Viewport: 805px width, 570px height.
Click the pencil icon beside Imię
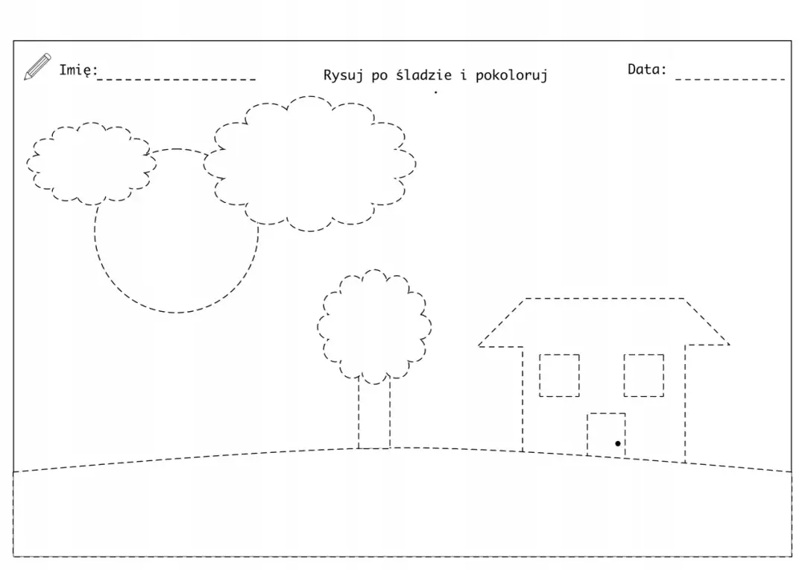click(x=37, y=66)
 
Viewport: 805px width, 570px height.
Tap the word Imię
click(x=78, y=70)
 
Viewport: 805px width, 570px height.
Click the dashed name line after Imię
click(x=177, y=79)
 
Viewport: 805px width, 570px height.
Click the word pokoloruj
click(x=511, y=75)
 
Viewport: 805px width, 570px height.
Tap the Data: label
click(x=647, y=69)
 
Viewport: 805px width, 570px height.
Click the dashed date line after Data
click(x=730, y=79)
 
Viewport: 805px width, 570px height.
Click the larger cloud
click(x=310, y=96)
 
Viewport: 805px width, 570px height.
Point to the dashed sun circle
click(x=176, y=312)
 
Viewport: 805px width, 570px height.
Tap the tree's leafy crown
click(x=374, y=270)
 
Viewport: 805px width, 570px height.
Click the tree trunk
click(x=359, y=414)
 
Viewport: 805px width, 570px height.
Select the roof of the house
click(x=604, y=298)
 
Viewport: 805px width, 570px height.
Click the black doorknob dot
click(x=618, y=443)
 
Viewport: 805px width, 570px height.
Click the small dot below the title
click(x=436, y=92)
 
